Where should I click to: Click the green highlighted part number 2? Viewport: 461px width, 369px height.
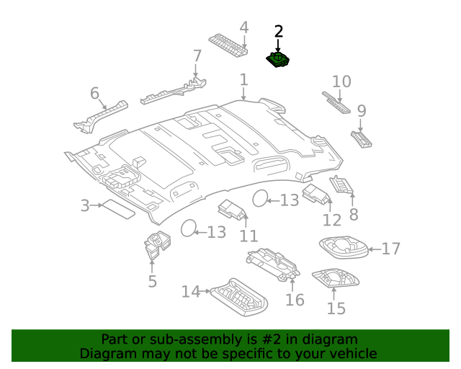click(x=278, y=61)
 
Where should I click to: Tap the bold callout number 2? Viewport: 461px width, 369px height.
click(x=279, y=32)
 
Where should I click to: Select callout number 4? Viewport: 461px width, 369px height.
click(x=244, y=27)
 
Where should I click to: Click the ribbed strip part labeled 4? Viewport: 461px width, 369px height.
click(x=228, y=45)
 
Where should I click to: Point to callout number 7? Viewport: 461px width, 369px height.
click(x=197, y=55)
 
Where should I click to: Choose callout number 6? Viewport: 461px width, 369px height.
click(x=94, y=93)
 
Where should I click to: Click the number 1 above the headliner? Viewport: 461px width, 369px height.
click(x=243, y=79)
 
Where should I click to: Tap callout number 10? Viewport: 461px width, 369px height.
click(x=341, y=81)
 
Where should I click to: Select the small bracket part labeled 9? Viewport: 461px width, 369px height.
click(x=361, y=138)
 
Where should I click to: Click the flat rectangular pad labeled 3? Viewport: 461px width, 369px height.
click(x=116, y=209)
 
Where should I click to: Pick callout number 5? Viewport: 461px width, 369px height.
click(x=152, y=280)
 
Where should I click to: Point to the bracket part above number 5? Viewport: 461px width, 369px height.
click(x=156, y=245)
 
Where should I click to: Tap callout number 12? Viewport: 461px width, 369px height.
click(x=331, y=220)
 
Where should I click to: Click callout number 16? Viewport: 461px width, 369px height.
click(x=295, y=299)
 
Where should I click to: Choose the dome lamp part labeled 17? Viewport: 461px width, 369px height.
click(x=344, y=247)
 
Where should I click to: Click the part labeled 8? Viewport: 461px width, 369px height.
click(x=341, y=185)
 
